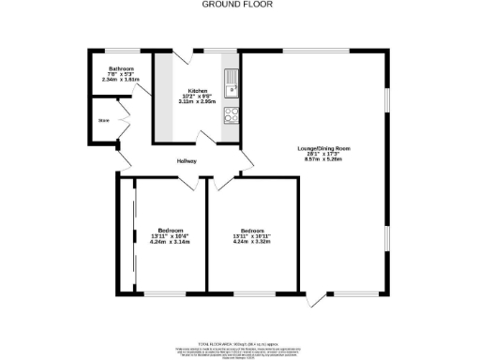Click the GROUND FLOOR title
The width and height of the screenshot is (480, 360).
[229, 4]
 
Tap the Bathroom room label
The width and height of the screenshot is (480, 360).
[121, 68]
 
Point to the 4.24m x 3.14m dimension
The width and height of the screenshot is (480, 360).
[170, 242]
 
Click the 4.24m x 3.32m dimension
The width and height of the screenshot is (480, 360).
[251, 242]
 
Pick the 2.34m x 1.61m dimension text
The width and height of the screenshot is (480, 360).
[121, 80]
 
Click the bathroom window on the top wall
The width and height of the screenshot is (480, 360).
[122, 52]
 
